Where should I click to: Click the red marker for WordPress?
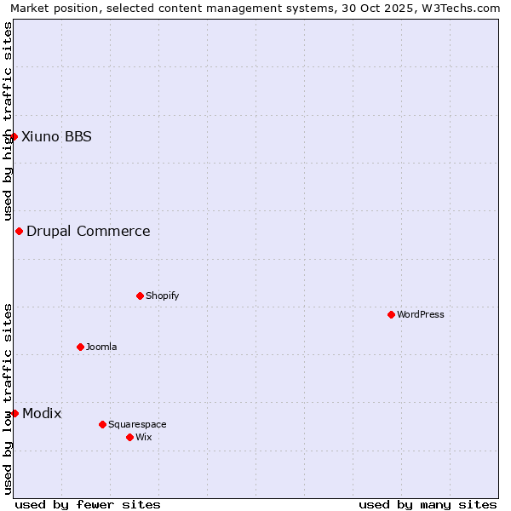click(391, 314)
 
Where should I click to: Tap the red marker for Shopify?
click(140, 296)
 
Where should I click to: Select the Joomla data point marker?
click(80, 347)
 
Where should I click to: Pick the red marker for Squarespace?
click(102, 424)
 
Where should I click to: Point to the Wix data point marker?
click(129, 437)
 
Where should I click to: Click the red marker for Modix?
click(14, 413)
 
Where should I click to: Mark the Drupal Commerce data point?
click(19, 231)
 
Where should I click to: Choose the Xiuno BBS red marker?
click(14, 136)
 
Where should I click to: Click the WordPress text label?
click(421, 314)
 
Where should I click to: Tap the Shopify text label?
click(162, 296)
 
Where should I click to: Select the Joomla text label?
click(101, 347)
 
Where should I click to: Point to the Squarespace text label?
click(137, 424)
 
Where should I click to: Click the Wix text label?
click(143, 437)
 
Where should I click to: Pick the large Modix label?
click(42, 413)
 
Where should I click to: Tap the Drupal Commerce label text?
click(89, 231)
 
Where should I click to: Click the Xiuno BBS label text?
click(56, 136)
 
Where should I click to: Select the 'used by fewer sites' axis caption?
click(88, 504)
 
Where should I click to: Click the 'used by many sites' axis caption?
click(428, 504)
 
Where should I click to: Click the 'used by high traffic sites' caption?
click(8, 121)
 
